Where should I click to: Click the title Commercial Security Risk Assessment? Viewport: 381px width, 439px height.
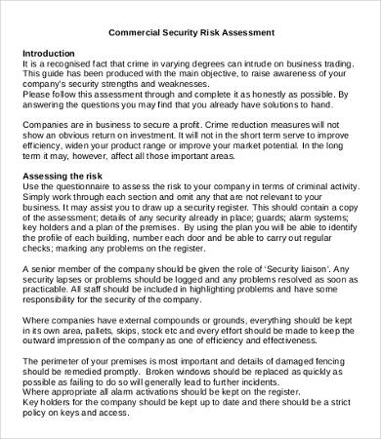coord(190,32)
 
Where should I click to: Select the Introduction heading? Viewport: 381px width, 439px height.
coord(50,54)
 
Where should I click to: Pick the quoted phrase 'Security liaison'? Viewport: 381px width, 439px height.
coord(295,269)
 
